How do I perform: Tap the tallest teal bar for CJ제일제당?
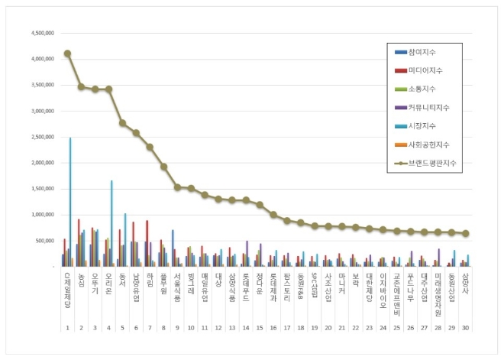coord(70,203)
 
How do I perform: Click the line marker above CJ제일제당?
coord(67,54)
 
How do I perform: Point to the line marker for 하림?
coord(150,147)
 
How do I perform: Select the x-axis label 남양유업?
coord(136,287)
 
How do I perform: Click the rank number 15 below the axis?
coord(260,328)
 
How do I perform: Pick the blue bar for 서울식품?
coord(173,248)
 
